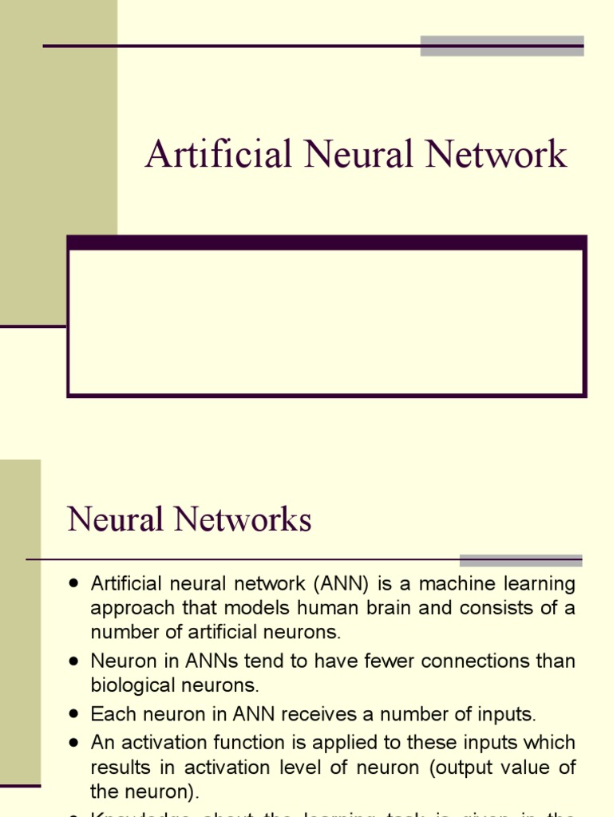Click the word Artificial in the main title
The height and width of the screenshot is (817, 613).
(x=218, y=155)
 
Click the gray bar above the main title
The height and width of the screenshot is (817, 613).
(x=502, y=45)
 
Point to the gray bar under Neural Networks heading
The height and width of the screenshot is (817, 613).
(x=520, y=560)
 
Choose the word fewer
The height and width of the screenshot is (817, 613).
(x=330, y=661)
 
